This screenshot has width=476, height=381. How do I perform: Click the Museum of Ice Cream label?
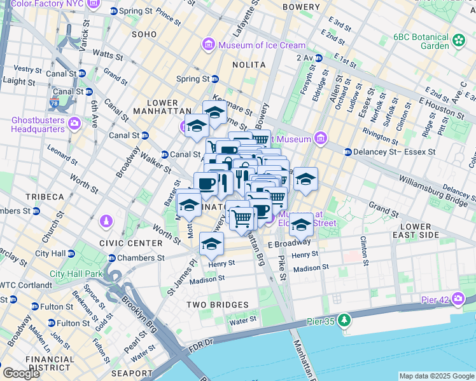pos(262,45)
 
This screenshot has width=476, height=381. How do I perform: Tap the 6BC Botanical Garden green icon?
pos(459,41)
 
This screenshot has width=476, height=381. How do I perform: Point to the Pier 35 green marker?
pos(344,319)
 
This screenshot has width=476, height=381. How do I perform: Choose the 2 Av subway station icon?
pos(318,58)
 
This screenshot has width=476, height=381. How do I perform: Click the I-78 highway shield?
pos(54,102)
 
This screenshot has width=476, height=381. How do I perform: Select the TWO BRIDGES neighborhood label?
pos(218,305)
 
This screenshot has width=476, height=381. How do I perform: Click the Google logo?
pos(22,373)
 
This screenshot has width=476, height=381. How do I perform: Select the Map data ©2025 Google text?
pos(436,376)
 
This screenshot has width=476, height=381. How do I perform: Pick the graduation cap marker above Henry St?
pos(212,243)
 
